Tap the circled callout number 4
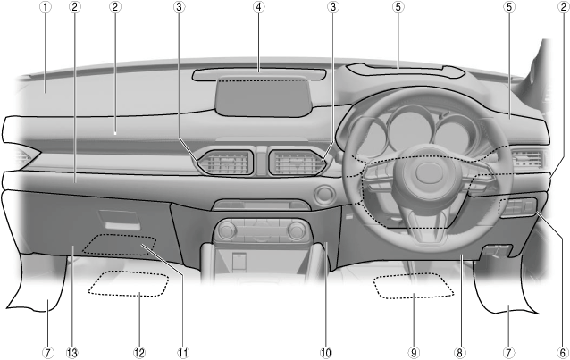pos(258,7)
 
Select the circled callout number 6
pos(562,352)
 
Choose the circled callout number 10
pos(326,352)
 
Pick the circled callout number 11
pos(183,352)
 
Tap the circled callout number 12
pos(139,352)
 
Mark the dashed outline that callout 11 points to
pos(121,244)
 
